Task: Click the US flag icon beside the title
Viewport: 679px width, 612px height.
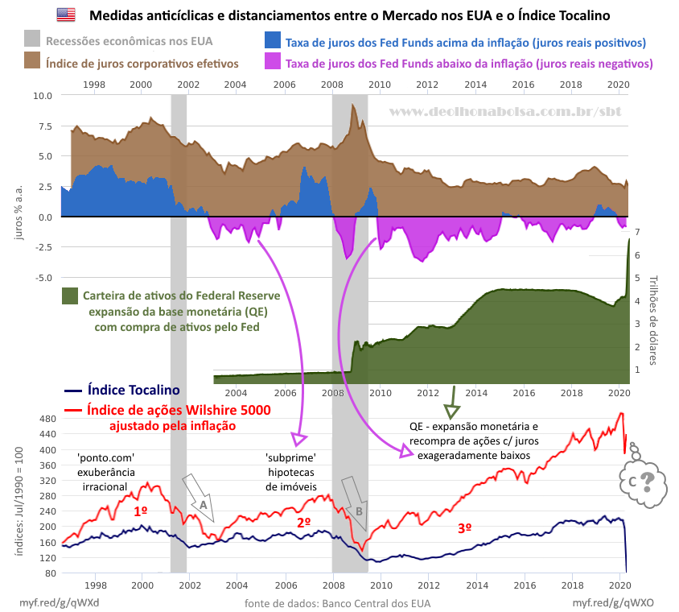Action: point(67,14)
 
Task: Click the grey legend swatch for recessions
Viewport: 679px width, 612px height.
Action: point(32,38)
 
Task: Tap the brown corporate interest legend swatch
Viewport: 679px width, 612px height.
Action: point(32,62)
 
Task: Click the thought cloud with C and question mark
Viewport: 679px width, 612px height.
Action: point(640,481)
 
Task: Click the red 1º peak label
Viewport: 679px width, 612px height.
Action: point(140,511)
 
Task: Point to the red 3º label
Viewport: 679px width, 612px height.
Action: point(464,528)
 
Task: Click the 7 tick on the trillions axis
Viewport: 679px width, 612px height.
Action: point(636,232)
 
